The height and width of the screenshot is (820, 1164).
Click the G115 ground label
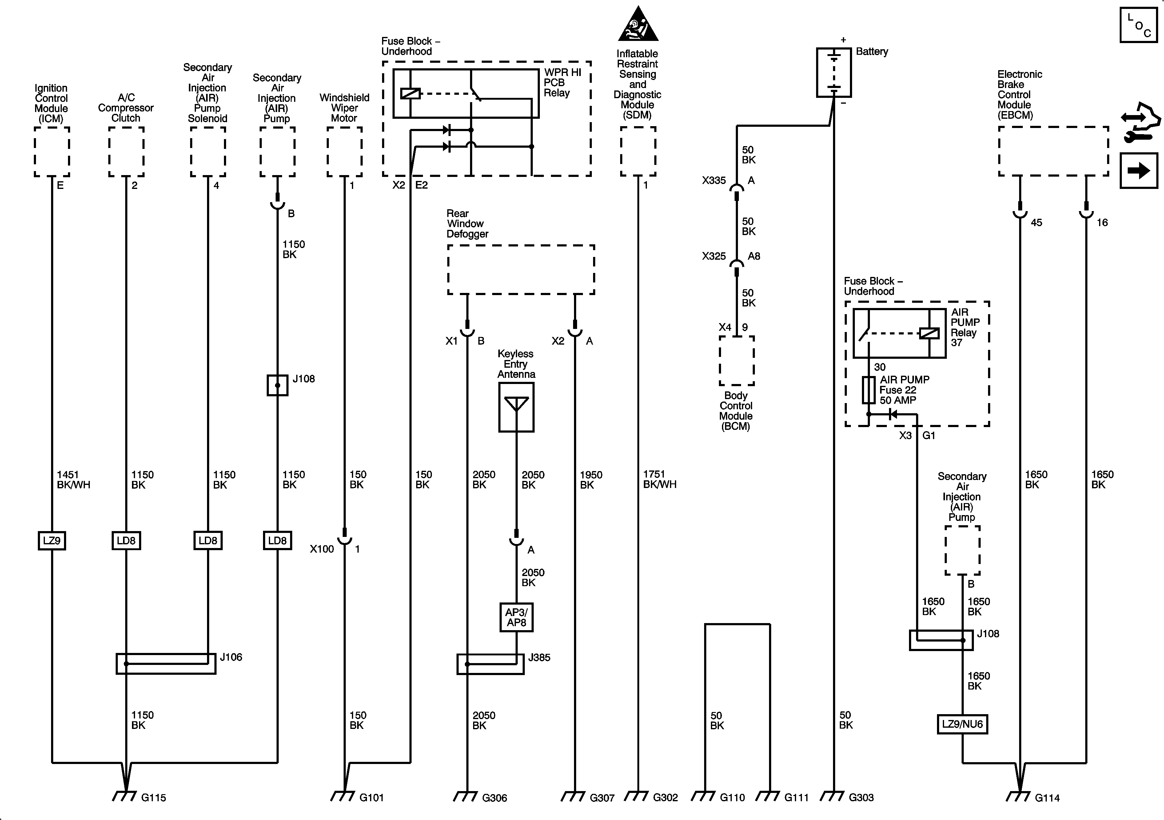(x=153, y=798)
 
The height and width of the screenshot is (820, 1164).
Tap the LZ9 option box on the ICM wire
(x=52, y=541)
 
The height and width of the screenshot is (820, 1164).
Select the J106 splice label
(x=231, y=657)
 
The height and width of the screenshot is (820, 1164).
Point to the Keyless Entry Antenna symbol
(x=516, y=407)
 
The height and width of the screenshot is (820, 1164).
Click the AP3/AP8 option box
(x=516, y=617)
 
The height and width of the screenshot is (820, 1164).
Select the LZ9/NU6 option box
(x=962, y=724)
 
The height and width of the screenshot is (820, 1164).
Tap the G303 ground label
(x=861, y=798)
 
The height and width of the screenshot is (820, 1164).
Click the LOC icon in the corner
(x=1138, y=25)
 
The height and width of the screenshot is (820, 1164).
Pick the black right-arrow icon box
(x=1138, y=170)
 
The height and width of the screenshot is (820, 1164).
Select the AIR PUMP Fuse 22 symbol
(x=868, y=390)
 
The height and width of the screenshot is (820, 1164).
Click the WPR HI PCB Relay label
(x=562, y=83)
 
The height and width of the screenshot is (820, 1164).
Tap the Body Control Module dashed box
(x=736, y=361)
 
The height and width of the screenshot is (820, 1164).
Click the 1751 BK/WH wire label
(x=659, y=479)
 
